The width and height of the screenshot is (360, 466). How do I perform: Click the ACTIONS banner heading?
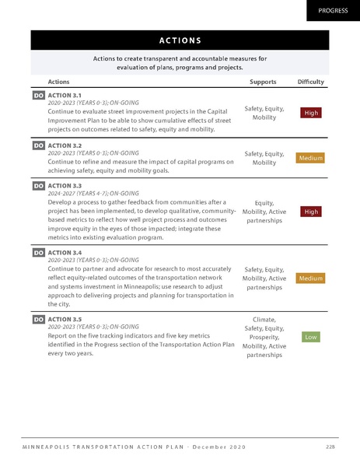coord(180,40)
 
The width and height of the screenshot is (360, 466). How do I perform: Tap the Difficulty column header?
coord(311,81)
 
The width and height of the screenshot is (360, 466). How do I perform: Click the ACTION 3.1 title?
coord(65,94)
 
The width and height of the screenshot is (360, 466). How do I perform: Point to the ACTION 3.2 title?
coord(65,145)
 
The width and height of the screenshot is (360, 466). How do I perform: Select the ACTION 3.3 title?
coord(65,185)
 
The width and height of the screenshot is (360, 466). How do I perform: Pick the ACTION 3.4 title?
coord(65,252)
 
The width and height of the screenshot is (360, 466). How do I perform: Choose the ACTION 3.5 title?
coord(65,318)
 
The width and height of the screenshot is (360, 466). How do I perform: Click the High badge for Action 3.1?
coord(311,113)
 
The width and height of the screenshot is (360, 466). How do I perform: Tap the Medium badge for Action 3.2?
coord(311,159)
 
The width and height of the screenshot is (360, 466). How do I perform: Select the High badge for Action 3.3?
coord(311,211)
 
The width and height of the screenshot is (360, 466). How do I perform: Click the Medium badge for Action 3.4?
coord(311,278)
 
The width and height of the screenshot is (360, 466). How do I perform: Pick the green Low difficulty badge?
coord(311,337)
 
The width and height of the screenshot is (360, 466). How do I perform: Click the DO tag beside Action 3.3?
coord(38,186)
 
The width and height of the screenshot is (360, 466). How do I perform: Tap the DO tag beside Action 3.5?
coord(38,319)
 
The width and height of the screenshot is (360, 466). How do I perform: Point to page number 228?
coord(330,446)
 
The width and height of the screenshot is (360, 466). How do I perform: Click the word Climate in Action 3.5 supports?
coord(264,319)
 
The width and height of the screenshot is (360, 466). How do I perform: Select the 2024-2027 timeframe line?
coord(93,193)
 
